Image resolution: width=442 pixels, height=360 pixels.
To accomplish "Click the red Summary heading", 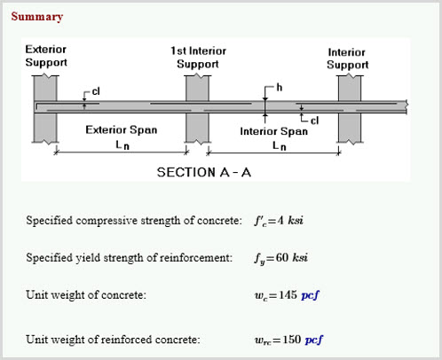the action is pos(37,17).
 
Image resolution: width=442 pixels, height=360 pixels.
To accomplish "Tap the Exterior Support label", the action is pos(46,56).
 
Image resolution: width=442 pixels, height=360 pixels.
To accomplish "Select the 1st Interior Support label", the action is pos(198,58).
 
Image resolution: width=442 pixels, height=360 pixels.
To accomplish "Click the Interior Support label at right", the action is pos(347,59).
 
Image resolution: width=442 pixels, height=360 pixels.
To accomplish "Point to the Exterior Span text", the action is pos(122,129).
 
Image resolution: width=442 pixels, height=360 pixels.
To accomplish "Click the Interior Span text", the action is pos(274,131).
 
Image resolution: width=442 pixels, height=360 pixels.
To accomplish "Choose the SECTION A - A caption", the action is pos(204,172).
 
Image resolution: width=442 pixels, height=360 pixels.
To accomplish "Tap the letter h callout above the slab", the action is pos(279,87).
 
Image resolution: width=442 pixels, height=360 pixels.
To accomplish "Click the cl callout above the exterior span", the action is pos(96,91).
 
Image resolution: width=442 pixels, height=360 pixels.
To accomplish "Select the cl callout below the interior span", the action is pos(314,121).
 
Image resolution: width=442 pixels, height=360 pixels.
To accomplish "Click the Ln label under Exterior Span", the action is pos(122,145).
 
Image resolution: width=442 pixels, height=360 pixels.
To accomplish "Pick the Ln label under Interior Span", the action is pos(280,145).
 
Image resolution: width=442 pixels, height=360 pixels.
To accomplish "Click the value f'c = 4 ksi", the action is pos(279,221).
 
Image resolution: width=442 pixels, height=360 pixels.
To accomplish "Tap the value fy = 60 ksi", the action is pos(280,258).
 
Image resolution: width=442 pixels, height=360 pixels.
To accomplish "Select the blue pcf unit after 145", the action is pos(311,295).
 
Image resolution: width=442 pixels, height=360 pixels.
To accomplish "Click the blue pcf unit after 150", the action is pos(314,340).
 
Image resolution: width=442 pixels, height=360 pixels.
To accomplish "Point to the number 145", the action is pos(288,294).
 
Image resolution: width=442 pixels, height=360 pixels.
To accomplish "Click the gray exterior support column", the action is pos(45,109).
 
